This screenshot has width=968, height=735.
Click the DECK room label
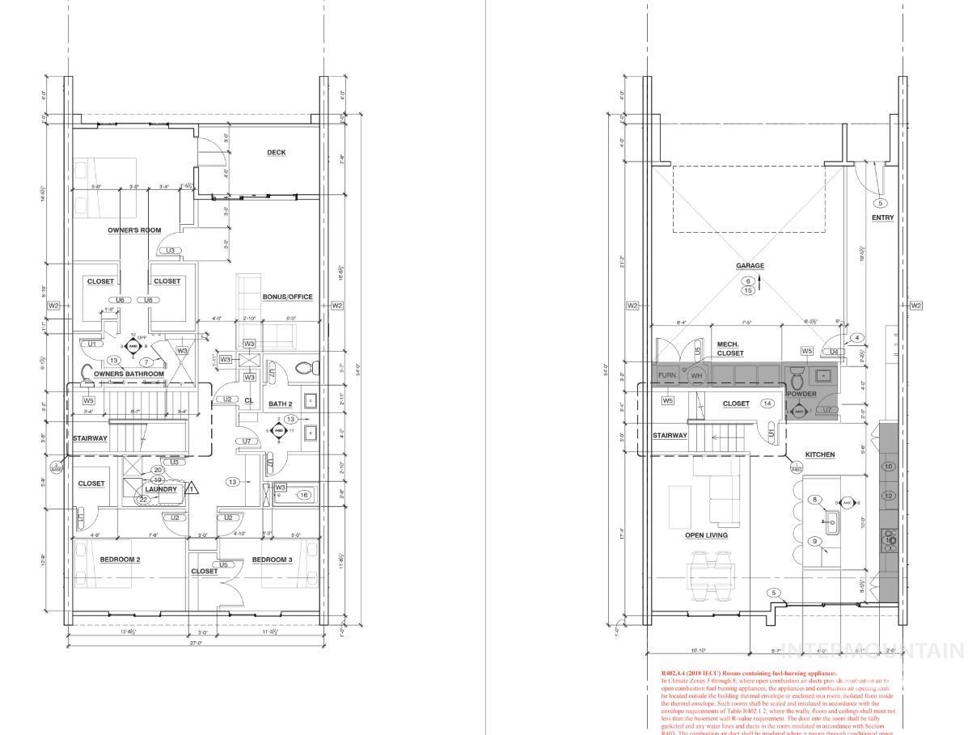[x=276, y=152]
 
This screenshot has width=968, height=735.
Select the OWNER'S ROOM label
[x=135, y=230]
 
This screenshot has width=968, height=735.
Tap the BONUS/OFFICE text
[x=287, y=297]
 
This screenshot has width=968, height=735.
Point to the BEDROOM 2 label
[x=120, y=560]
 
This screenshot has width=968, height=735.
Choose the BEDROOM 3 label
[x=272, y=560]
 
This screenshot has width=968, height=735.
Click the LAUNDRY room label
[x=161, y=489]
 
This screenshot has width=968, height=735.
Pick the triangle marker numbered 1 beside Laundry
[x=192, y=488]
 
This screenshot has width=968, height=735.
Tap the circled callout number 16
[x=304, y=495]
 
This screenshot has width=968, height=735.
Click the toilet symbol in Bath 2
[x=304, y=369]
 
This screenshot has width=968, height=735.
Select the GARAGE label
[x=750, y=266]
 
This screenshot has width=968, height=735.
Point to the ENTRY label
[x=882, y=218]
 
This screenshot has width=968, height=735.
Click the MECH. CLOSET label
[x=730, y=348]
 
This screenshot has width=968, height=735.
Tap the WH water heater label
[x=696, y=376]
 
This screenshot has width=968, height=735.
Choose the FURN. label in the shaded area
[x=667, y=376]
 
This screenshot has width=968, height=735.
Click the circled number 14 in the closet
[x=767, y=403]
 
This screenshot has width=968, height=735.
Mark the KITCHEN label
[x=819, y=454]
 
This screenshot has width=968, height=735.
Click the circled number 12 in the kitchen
[x=888, y=496]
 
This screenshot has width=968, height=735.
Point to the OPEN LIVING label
[x=706, y=535]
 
